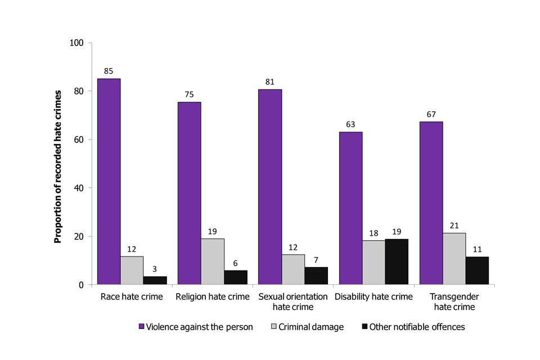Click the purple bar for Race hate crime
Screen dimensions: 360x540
pos(109,181)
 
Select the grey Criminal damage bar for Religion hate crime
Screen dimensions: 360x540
pos(213,262)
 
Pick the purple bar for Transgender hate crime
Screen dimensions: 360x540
pos(431,203)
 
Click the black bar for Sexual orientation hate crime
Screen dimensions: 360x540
pos(316,276)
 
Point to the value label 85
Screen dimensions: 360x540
pos(109,71)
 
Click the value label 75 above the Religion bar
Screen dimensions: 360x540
pos(189,95)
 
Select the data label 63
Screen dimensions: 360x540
pos(350,124)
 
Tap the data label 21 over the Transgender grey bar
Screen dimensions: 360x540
pos(454,226)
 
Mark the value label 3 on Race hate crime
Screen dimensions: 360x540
pos(155,269)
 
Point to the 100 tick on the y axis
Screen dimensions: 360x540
pos(76,43)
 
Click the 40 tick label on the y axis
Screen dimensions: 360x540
pos(79,188)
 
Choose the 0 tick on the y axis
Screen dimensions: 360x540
pos(81,285)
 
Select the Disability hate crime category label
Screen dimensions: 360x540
pos(373,296)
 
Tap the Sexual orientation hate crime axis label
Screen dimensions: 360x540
pos(292,301)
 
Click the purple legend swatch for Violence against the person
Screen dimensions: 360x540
pos(142,327)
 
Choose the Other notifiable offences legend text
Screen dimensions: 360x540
pos(417,327)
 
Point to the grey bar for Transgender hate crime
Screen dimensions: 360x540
pos(454,259)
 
